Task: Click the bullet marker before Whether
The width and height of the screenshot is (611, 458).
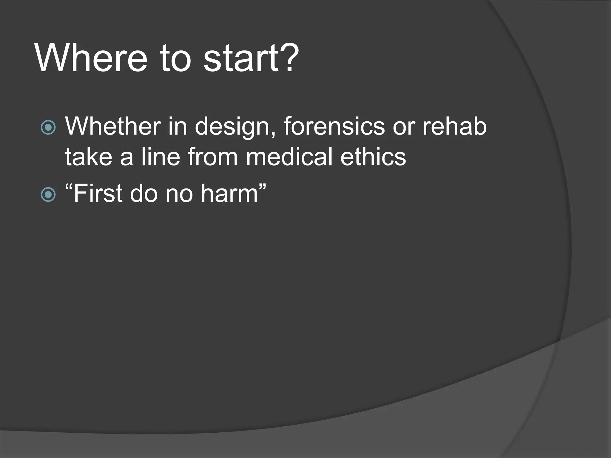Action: pyautogui.click(x=48, y=127)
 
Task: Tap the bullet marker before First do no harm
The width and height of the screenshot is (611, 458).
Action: pyautogui.click(x=48, y=194)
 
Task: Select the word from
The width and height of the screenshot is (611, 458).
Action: pyautogui.click(x=212, y=157)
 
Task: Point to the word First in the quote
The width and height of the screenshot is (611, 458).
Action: pyautogui.click(x=98, y=194)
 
